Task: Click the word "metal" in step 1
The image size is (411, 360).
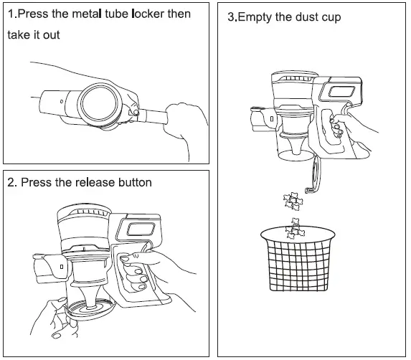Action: pyautogui.click(x=87, y=14)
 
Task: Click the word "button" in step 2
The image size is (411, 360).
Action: pyautogui.click(x=135, y=182)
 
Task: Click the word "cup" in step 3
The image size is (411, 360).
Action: pyautogui.click(x=331, y=18)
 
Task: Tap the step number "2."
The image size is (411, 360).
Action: pyautogui.click(x=12, y=182)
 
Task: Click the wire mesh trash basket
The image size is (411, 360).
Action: pyautogui.click(x=298, y=259)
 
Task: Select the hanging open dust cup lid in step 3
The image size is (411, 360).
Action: pyautogui.click(x=314, y=175)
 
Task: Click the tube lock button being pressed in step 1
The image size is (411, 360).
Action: pyautogui.click(x=136, y=113)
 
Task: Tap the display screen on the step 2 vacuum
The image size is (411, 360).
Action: pyautogui.click(x=141, y=229)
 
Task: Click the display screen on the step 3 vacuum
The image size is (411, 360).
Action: pyautogui.click(x=341, y=92)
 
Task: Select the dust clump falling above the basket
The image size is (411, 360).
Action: pyautogui.click(x=293, y=202)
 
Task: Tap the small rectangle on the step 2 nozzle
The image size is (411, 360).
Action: pyautogui.click(x=62, y=267)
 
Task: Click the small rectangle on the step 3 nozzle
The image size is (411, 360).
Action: pyautogui.click(x=272, y=119)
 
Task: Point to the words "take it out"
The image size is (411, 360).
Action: pyautogui.click(x=34, y=35)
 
